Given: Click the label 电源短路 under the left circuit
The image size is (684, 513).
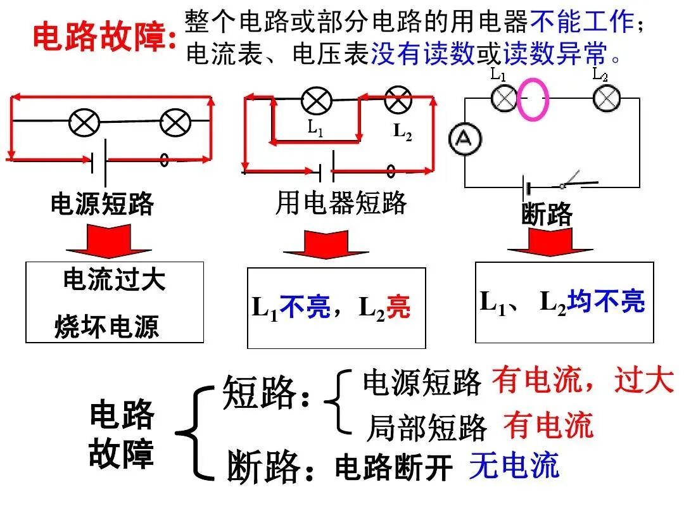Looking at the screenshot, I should tap(103, 204).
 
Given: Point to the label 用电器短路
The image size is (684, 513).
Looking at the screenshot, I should tap(341, 203).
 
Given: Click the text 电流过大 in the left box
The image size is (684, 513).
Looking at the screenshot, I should tap(115, 279).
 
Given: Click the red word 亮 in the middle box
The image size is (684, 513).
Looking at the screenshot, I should tap(398, 308).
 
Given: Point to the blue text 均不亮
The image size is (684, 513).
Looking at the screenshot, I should tap(606, 301).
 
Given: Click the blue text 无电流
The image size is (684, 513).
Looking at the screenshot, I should tap(514, 465).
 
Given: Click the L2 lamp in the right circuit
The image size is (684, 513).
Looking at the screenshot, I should tap(606, 98).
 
